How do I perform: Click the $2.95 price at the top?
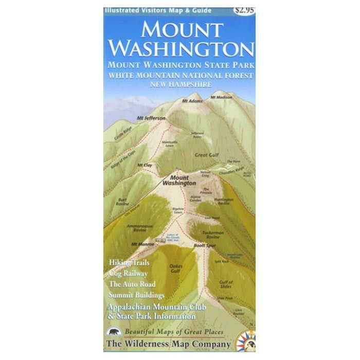(x=243, y=9)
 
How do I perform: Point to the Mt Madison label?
(x=221, y=96)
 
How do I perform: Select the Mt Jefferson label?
(x=151, y=118)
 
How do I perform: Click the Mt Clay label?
(x=145, y=165)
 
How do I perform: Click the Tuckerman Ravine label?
(x=213, y=235)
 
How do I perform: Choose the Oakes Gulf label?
(x=175, y=267)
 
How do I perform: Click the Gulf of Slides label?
(x=225, y=283)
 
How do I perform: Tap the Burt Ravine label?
(x=122, y=201)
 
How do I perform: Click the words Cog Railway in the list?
(x=128, y=274)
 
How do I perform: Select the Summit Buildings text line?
(x=136, y=295)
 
